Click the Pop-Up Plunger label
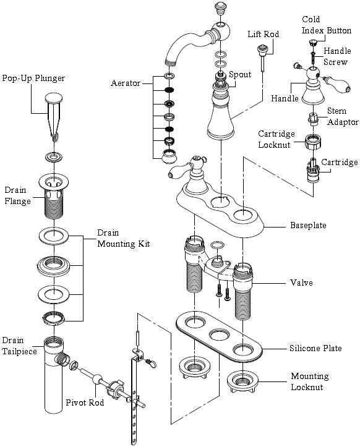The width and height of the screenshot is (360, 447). coord(33,79)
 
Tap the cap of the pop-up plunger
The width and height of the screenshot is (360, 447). coord(54,98)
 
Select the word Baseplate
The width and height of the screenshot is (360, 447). coord(308,226)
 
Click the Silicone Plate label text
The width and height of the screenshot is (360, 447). coord(315,348)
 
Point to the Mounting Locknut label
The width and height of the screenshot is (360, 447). coord(309,381)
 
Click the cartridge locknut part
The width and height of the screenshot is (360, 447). coord(313,142)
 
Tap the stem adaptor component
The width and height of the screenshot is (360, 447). coord(312,119)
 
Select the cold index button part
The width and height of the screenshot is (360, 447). coord(312,43)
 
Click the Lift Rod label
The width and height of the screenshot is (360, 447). coord(263,35)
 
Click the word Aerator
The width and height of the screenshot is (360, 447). coord(126,83)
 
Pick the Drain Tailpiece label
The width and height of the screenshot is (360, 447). coord(19,346)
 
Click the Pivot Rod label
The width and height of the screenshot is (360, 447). coord(85,402)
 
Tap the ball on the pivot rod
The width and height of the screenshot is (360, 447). coord(97,379)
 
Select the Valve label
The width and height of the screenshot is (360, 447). coord(301,283)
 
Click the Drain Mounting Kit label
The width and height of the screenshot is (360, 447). coord(124,238)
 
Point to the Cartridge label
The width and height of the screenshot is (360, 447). coord(339,163)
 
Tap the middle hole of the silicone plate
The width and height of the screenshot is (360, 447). coord(220,334)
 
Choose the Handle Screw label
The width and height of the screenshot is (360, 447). coord(337,56)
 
